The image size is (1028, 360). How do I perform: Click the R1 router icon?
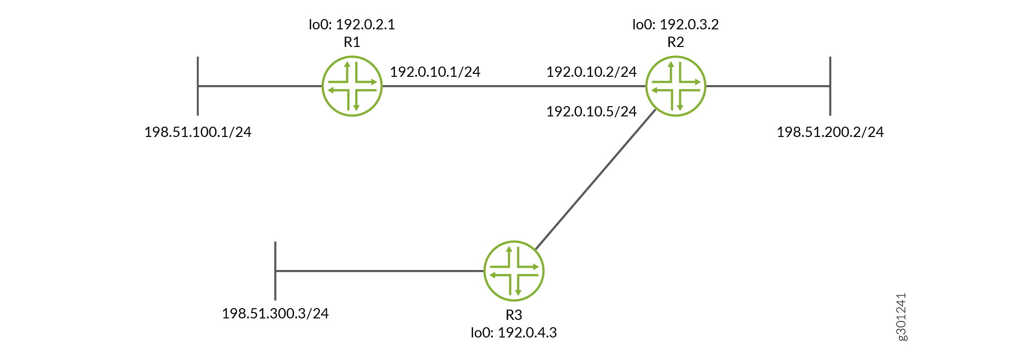coord(352,86)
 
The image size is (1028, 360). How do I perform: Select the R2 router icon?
coord(676,86)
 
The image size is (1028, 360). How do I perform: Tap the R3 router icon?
coord(514,271)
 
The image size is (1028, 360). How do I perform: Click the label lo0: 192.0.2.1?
coord(352,24)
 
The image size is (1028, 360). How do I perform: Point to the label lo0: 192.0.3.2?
coord(676,24)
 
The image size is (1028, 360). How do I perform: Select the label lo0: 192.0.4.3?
coord(514,333)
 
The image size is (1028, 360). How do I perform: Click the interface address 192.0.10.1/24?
coord(435,72)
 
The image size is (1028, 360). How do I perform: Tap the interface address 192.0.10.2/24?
coord(592,72)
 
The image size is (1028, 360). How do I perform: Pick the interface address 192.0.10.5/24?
coord(592,112)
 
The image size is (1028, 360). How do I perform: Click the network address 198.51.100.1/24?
coord(198,132)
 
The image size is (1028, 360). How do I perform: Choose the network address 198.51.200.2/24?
coord(830,132)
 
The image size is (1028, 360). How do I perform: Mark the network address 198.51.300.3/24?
coord(275,314)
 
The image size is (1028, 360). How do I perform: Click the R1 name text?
coord(352,43)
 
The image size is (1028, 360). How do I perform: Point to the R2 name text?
coord(676,43)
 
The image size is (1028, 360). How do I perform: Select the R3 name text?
coord(514,315)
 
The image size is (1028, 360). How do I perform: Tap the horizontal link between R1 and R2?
coord(514,86)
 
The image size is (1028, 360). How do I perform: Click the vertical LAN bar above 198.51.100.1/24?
coord(198,86)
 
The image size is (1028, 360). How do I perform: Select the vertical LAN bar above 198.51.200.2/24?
coord(830,86)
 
